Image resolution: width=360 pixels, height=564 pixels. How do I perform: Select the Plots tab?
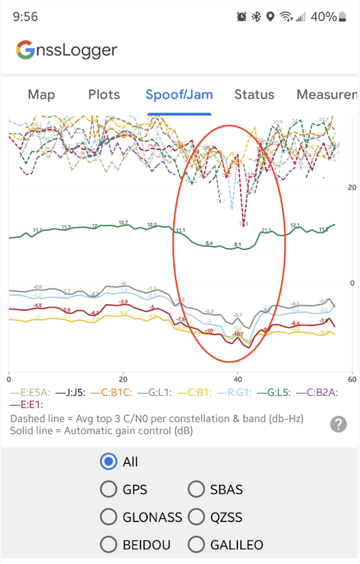pos(104,94)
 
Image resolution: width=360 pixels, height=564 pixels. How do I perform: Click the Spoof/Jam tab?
pos(179,94)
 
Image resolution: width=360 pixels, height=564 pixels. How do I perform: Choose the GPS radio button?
pos(108,490)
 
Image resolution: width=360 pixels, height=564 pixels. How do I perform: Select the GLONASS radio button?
pos(108,517)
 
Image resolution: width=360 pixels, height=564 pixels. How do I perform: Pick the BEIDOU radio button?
pos(108,545)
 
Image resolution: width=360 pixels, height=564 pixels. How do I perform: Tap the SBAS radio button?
pos(196,490)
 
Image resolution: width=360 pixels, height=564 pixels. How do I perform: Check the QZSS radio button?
pos(196,517)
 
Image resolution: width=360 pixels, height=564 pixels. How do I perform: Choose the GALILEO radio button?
pos(196,545)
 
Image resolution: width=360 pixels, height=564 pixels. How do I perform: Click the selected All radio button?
pos(108,462)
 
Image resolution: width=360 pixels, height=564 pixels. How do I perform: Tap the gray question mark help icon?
pos(338,424)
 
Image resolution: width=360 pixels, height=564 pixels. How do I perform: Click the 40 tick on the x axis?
pos(238,379)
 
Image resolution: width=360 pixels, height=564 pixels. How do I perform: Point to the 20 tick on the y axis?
pos(352,187)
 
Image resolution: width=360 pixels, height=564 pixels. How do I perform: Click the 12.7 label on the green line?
pos(123,223)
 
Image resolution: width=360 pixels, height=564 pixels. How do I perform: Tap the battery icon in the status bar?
pos(343,17)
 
